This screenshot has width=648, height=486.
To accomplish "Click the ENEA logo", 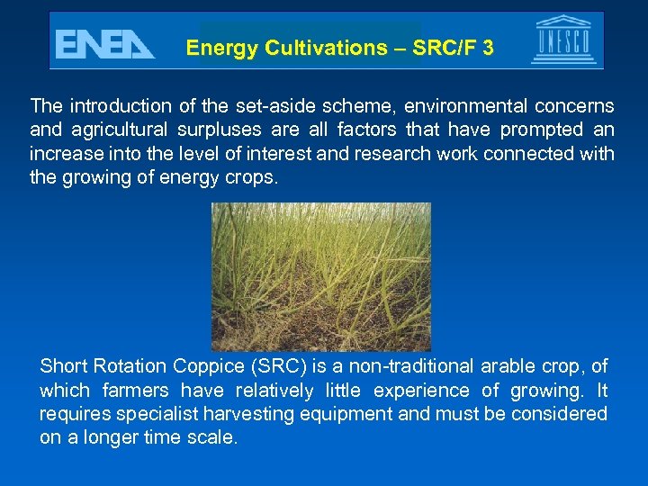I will (104, 44).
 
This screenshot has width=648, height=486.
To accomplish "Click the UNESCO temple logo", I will (563, 40).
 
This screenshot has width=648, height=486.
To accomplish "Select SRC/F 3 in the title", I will (454, 49).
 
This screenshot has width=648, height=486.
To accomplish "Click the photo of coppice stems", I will (321, 276).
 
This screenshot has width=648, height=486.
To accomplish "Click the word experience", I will (424, 391).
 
